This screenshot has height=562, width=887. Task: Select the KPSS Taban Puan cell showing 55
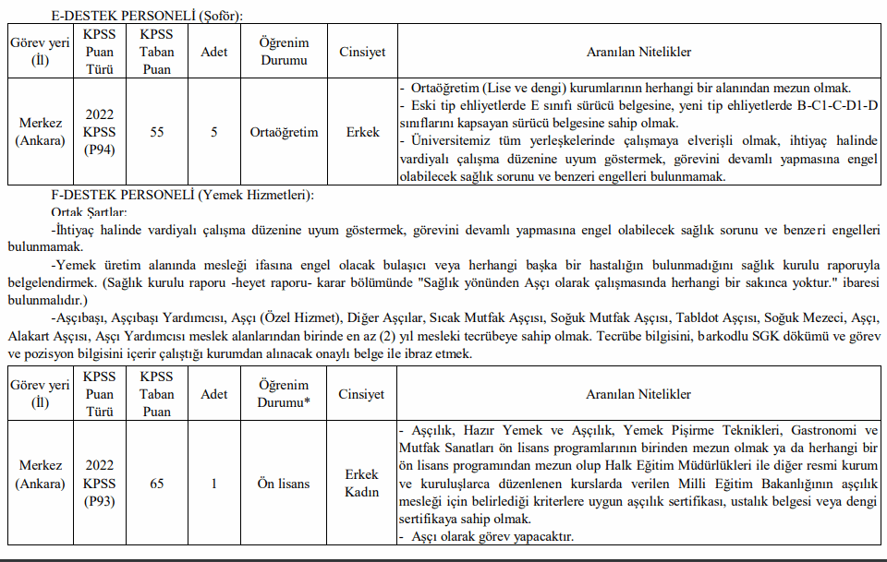pos(157,132)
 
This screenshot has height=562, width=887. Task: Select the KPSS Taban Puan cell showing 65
pos(157,484)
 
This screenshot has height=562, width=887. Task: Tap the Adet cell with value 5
pos(214,132)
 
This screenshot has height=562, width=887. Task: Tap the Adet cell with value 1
pos(214,484)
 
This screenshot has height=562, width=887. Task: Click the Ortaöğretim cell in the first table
pos(284,132)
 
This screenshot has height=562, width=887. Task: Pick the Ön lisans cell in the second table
pos(284,484)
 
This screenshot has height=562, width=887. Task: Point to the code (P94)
pos(99,149)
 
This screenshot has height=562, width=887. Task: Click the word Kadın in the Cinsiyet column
pos(362,492)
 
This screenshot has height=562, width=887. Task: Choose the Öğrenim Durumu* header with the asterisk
pos(284,394)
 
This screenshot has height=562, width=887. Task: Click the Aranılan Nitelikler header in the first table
pos(638,53)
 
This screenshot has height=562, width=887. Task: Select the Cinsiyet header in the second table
pos(362,394)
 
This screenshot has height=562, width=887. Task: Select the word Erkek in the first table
pos(362,132)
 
